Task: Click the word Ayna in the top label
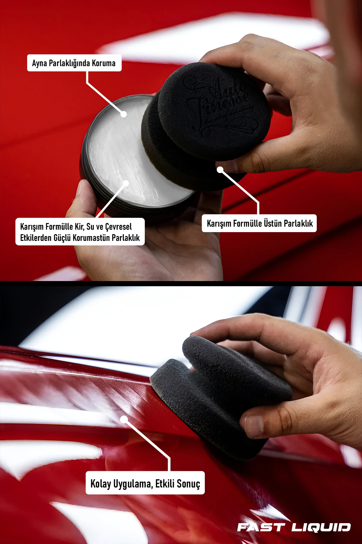point(39,63)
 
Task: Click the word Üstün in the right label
point(273,223)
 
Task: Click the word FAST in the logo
point(261,527)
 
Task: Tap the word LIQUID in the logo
point(321,527)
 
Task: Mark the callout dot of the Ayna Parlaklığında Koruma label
point(123,114)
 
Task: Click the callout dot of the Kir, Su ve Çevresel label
point(126,183)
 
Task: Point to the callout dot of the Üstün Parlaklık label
point(220,170)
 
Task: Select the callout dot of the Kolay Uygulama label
point(124,419)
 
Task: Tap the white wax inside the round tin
point(121,151)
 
